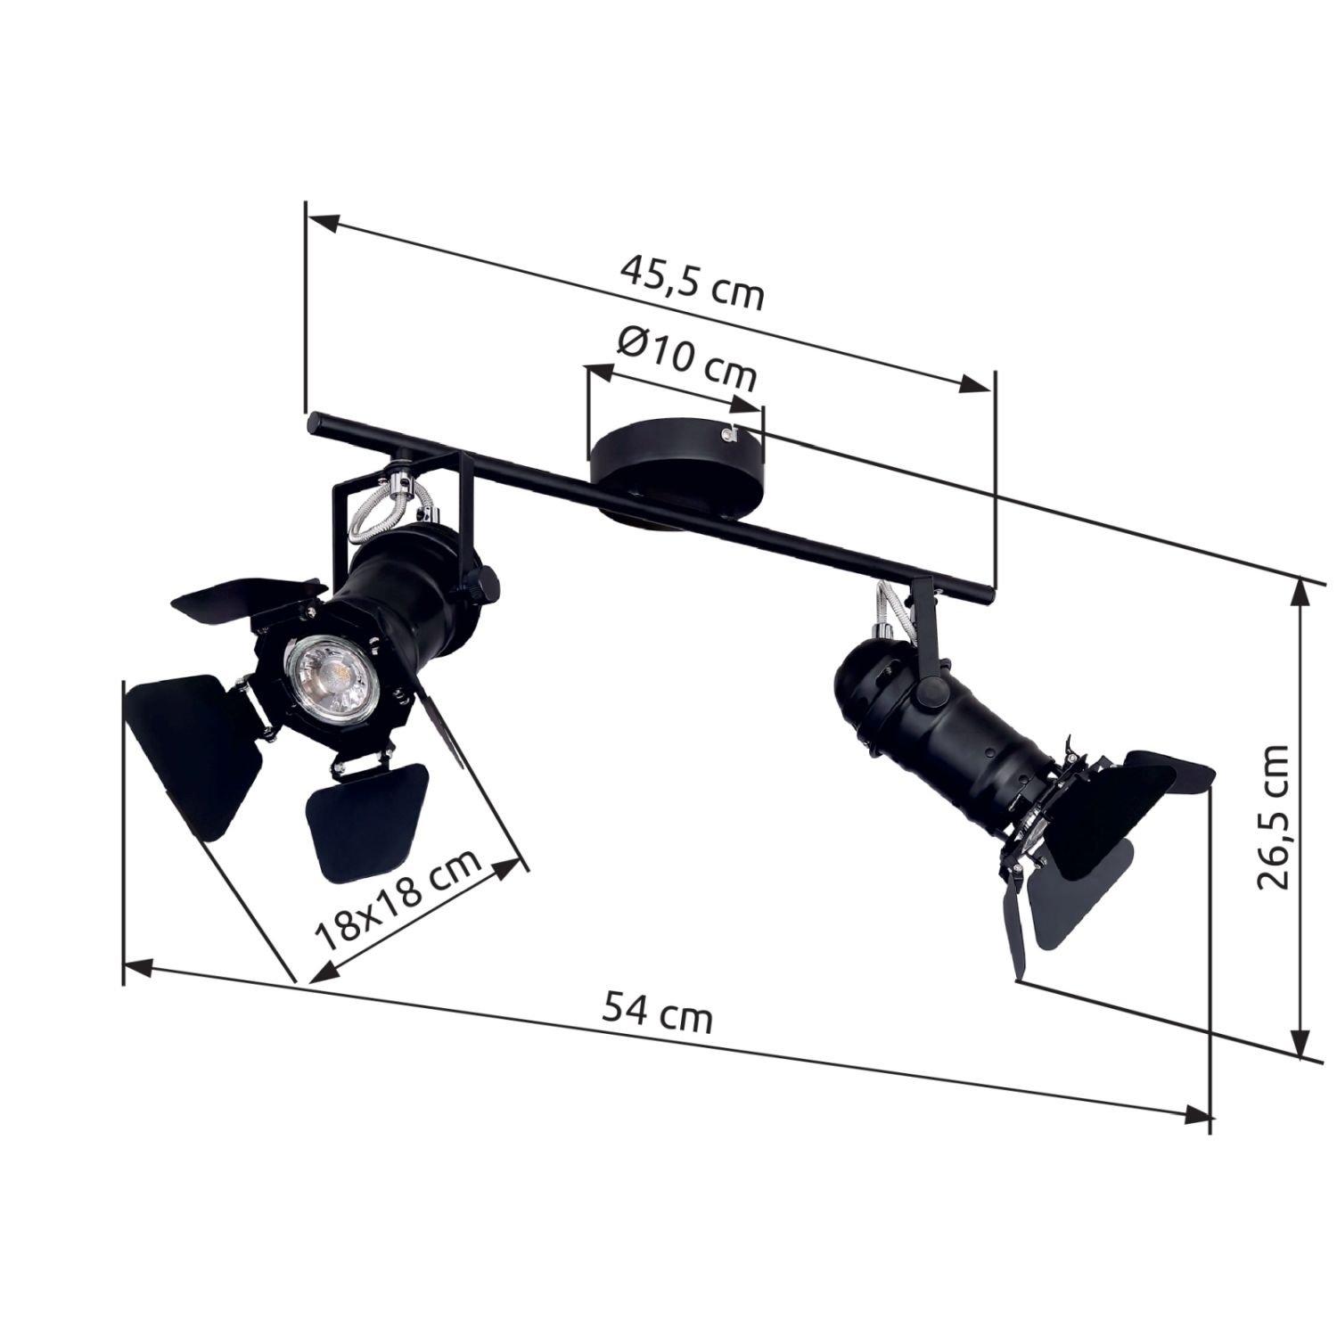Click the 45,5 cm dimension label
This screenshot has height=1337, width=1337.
693,283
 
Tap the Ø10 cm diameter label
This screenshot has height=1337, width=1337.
686,359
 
